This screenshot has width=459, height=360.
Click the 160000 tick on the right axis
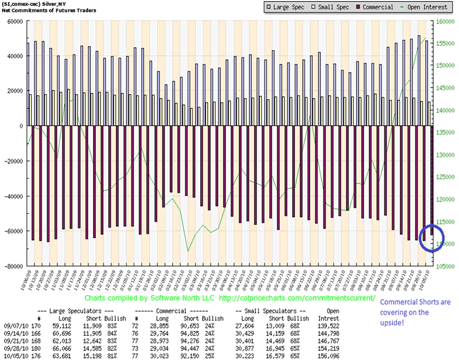(x=446, y=21)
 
